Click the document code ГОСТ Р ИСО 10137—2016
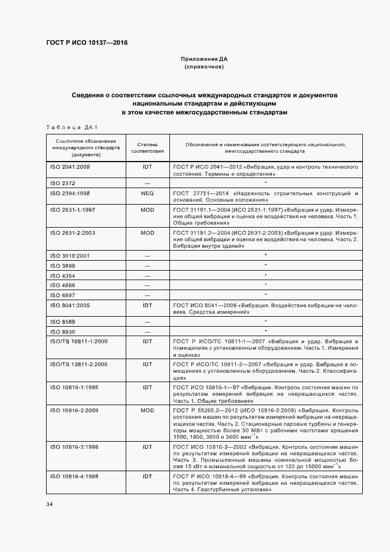click(86, 43)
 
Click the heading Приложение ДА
click(204, 60)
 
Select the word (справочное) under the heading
click(204, 67)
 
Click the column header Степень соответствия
click(147, 147)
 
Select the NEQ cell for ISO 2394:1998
click(147, 193)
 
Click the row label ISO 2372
click(61, 184)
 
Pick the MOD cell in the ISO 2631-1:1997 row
click(147, 209)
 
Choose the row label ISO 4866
click(61, 285)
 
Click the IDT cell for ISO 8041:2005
click(147, 305)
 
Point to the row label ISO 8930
click(61, 332)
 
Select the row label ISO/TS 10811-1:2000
click(78, 341)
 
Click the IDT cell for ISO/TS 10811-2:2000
click(147, 364)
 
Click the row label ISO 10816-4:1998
click(73, 475)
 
